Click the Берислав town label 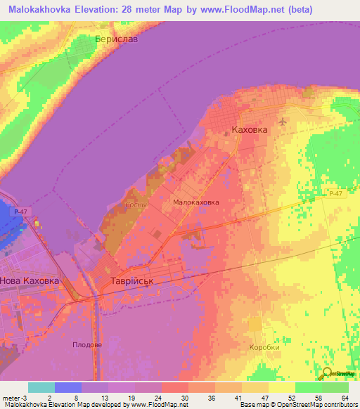(117, 39)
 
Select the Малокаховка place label (195, 202)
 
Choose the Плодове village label (87, 344)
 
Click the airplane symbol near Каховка (283, 122)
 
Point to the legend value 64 (345, 397)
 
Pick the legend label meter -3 (14, 397)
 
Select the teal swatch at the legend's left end (41, 387)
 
